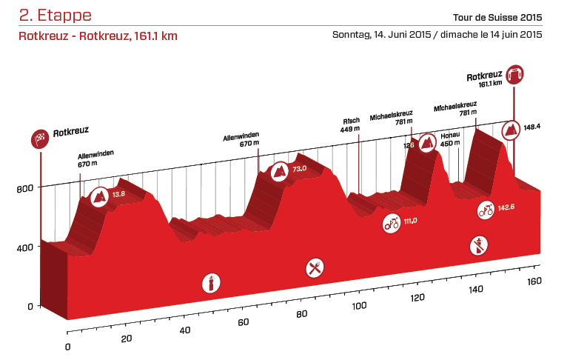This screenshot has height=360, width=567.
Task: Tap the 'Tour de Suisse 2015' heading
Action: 498,18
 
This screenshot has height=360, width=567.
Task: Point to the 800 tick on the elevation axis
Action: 24,188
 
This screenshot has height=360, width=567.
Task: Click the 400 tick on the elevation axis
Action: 24,247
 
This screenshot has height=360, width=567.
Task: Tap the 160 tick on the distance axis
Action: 535,281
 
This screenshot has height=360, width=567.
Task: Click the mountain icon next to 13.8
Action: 98,197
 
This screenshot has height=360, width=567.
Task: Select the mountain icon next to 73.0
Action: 280,171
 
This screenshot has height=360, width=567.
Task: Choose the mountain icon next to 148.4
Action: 510,130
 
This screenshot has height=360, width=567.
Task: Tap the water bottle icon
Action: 211,283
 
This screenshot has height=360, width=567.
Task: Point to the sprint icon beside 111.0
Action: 392,222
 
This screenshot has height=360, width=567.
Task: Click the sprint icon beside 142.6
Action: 486,210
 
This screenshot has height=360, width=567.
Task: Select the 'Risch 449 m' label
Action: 350,124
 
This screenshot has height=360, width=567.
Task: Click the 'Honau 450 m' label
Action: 450,139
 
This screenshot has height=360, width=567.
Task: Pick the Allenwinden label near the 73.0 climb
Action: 242,141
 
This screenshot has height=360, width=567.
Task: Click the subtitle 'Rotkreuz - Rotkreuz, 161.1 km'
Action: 98,36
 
